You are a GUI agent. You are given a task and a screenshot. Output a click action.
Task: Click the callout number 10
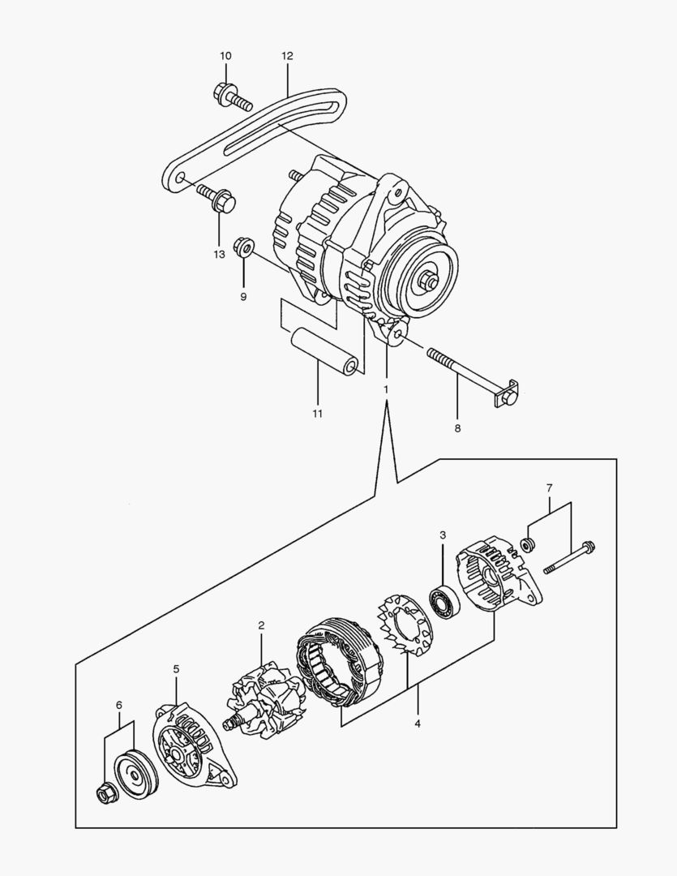click(225, 56)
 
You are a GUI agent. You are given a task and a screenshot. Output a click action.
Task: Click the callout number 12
click(287, 56)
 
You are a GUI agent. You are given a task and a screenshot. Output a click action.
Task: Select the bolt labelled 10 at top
click(230, 98)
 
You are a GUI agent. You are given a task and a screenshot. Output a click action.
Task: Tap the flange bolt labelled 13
click(216, 198)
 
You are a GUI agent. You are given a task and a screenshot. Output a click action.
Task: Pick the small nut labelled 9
click(242, 247)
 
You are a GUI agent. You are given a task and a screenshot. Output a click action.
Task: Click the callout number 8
click(457, 427)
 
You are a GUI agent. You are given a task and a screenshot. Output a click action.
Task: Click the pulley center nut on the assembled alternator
click(429, 283)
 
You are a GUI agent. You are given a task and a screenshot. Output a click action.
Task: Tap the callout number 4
click(418, 723)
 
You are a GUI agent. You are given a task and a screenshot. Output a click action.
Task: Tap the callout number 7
click(549, 488)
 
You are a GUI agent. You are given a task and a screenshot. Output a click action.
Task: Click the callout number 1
click(386, 389)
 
